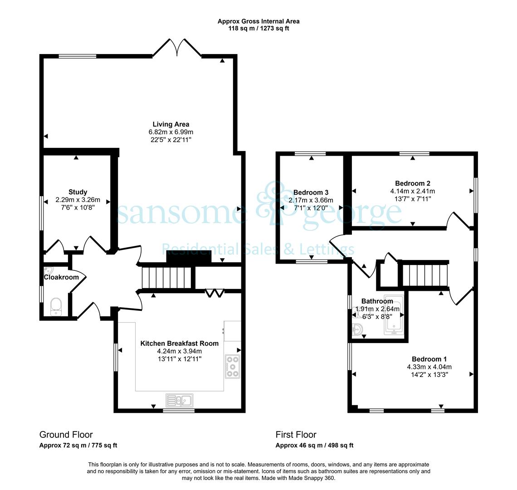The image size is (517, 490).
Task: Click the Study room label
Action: [78, 192]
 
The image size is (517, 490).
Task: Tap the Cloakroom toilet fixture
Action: [56, 307]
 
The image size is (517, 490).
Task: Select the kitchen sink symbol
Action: [180, 401]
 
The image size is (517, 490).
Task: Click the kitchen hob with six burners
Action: [233, 366]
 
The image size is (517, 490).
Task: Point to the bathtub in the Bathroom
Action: [394, 315]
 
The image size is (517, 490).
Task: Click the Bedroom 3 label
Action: [311, 192]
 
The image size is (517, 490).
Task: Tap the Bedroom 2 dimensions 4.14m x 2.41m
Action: [413, 191]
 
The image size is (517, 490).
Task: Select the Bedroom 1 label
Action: [429, 359]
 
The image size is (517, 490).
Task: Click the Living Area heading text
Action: [171, 124]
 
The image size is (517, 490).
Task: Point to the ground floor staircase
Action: [167, 278]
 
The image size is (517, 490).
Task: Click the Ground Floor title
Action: [66, 435]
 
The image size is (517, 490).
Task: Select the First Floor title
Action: [296, 435]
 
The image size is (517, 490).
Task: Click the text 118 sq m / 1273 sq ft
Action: [258, 29]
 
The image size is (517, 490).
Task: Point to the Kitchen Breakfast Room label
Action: [180, 343]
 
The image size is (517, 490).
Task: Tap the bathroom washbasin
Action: [357, 329]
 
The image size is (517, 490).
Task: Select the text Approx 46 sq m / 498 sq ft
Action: [315, 446]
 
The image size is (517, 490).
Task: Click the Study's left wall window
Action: [42, 213]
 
